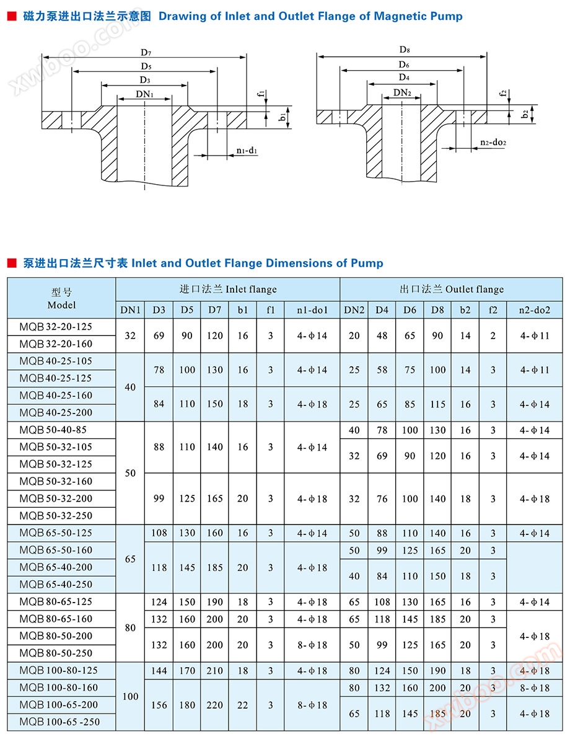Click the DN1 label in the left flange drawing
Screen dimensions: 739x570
[x=144, y=94]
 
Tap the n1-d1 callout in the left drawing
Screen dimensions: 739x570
[x=247, y=151]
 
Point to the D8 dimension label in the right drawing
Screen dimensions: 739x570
[x=404, y=49]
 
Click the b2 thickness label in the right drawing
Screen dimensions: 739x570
[x=525, y=114]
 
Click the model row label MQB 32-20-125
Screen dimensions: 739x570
[x=56, y=327]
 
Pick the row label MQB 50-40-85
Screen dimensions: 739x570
[x=53, y=430]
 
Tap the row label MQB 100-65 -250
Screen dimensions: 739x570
[x=59, y=722]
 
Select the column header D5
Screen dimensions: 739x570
[x=187, y=309]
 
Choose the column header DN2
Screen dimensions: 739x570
[x=354, y=309]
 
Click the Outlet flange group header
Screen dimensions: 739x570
[x=451, y=289]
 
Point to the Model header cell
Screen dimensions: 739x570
[x=61, y=298]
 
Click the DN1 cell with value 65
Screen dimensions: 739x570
[x=130, y=559]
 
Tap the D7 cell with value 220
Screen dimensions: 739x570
[x=214, y=705]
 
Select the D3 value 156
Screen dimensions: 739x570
[x=159, y=705]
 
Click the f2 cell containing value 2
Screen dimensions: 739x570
[x=493, y=335]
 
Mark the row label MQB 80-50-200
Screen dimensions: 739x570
[x=56, y=636]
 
